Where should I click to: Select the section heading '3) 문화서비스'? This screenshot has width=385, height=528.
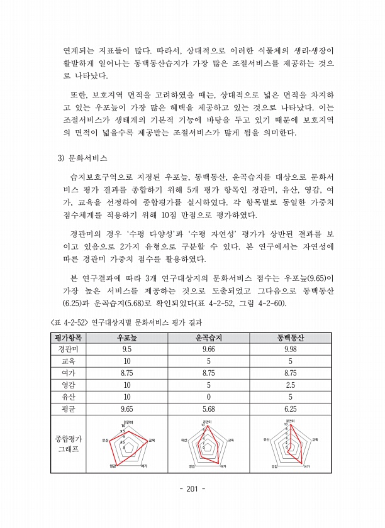(83, 157)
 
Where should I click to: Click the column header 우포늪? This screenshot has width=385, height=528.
(126, 338)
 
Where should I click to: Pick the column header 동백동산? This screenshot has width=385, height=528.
(290, 338)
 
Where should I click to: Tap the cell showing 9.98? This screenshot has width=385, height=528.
(290, 349)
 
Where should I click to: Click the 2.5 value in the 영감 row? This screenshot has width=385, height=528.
(290, 385)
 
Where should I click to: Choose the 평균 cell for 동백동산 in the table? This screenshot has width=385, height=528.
(290, 409)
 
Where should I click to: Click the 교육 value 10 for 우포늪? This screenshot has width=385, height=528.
(126, 361)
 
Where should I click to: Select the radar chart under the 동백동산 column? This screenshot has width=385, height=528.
(291, 444)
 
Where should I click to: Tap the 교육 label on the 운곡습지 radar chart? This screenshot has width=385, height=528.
(231, 440)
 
